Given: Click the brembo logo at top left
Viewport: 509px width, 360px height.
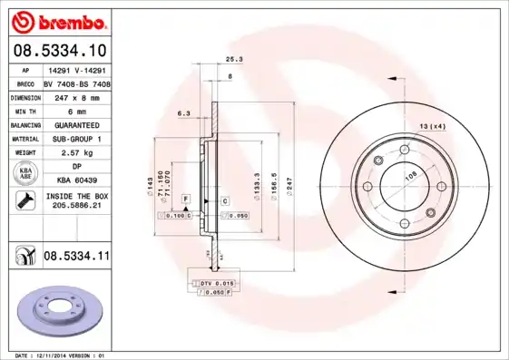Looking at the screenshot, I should click(56, 20).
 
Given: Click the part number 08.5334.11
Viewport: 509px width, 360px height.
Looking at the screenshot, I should click(75, 258).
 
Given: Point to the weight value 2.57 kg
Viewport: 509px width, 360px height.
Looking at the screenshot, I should click(73, 153).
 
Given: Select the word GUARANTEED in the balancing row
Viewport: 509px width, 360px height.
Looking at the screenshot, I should click(75, 124).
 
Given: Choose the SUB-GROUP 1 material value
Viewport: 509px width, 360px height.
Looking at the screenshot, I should click(75, 139).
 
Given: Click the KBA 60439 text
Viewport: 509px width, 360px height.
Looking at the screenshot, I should click(76, 181).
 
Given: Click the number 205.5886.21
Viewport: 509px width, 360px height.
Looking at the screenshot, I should click(76, 207).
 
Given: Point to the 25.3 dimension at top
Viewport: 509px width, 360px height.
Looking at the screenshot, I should click(232, 59).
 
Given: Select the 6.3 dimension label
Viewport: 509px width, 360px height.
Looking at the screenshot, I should click(182, 113).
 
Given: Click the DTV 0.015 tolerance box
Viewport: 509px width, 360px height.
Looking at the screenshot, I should click(215, 284).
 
